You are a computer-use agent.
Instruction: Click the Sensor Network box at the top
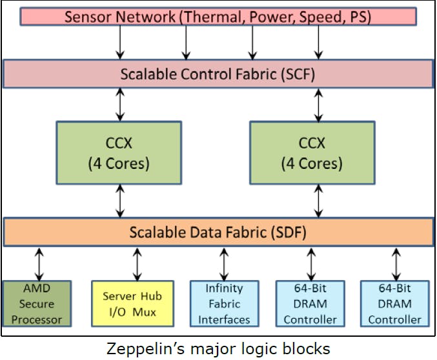(218, 16)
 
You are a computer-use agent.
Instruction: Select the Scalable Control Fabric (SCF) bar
(218, 74)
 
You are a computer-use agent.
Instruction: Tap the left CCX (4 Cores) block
(118, 153)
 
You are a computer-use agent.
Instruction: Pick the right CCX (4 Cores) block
(311, 153)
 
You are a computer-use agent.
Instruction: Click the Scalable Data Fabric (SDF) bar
(218, 232)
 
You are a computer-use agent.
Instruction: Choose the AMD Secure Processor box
(36, 303)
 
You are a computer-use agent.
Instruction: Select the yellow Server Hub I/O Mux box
(132, 303)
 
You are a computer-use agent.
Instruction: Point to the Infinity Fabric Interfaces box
(224, 303)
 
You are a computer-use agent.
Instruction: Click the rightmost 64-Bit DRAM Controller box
(394, 303)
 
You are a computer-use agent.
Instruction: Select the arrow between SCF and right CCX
(318, 104)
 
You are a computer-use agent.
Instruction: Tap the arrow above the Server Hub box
(137, 263)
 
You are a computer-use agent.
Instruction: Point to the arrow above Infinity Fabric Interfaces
(224, 263)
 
